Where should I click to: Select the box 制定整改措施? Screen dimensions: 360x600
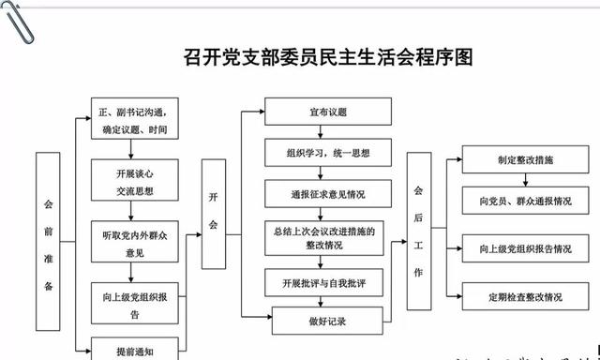tap(524, 160)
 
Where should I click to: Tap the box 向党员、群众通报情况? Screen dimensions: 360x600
tap(524, 201)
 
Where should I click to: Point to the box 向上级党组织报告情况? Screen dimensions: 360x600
tap(524, 249)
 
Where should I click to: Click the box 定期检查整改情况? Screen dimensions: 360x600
tap(524, 297)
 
